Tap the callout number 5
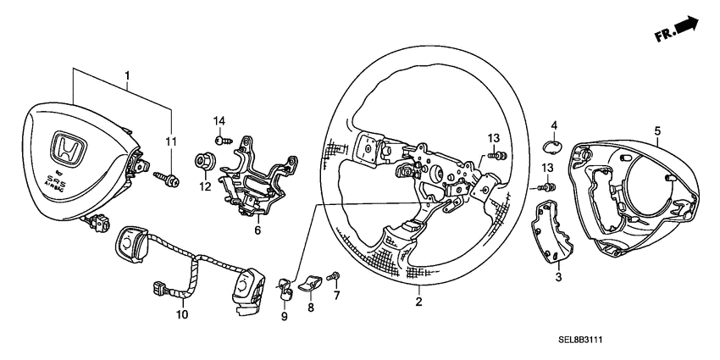click(x=656, y=130)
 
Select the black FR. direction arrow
click(x=689, y=28)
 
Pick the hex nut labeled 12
click(x=206, y=158)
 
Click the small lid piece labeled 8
click(x=311, y=280)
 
